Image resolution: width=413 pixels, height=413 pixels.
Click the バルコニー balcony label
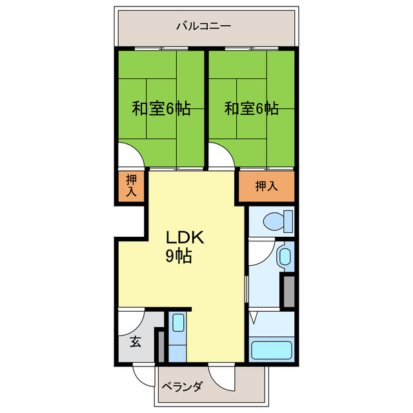pyautogui.click(x=204, y=27)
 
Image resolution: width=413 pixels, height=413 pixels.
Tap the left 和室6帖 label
pyautogui.click(x=161, y=108)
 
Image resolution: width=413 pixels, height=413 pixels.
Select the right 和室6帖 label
pyautogui.click(x=252, y=108)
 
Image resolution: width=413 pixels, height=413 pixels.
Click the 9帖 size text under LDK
pyautogui.click(x=178, y=256)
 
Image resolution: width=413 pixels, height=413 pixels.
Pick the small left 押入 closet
pyautogui.click(x=131, y=186)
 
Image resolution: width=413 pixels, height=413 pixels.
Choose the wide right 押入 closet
pyautogui.click(x=267, y=186)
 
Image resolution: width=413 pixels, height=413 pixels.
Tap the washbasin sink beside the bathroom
pyautogui.click(x=284, y=257)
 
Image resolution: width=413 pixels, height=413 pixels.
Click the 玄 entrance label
pyautogui.click(x=136, y=343)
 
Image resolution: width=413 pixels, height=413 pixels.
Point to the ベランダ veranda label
pyautogui.click(x=183, y=387)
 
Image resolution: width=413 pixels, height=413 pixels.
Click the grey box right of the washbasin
pyautogui.click(x=288, y=290)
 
